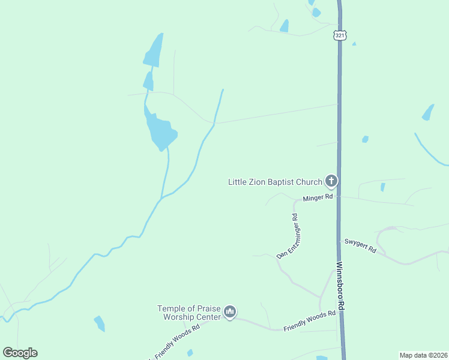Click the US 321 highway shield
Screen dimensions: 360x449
pyautogui.click(x=340, y=35)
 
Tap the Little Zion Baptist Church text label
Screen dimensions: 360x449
pyautogui.click(x=275, y=181)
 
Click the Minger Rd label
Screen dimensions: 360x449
pyautogui.click(x=318, y=196)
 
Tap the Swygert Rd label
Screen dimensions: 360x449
pyautogui.click(x=360, y=245)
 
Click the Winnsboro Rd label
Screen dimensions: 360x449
pyautogui.click(x=340, y=286)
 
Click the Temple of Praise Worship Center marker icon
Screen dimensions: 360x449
pyautogui.click(x=230, y=311)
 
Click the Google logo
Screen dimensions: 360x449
pyautogui.click(x=20, y=353)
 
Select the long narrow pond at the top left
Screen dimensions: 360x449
pyautogui.click(x=154, y=51)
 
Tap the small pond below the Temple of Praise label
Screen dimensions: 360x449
pyautogui.click(x=100, y=323)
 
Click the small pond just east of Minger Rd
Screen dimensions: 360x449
pyautogui.click(x=382, y=187)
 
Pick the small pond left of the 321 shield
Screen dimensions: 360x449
pyautogui.click(x=284, y=26)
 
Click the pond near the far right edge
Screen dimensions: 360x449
pyautogui.click(x=428, y=112)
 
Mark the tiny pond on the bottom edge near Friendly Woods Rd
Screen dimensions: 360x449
pyautogui.click(x=190, y=353)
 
